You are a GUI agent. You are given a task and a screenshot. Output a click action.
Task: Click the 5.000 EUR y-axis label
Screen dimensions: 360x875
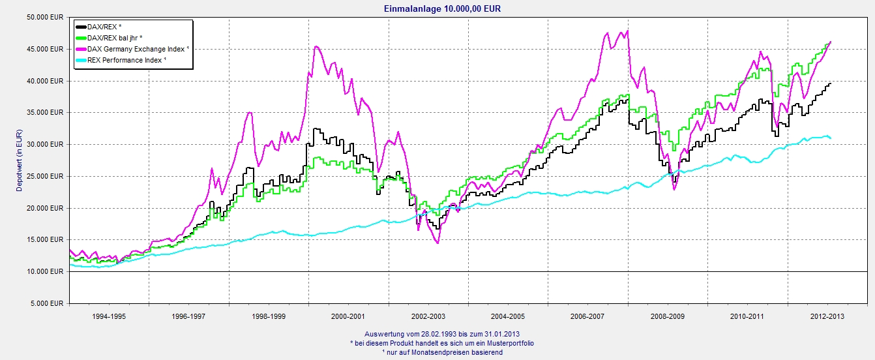[x=48, y=304]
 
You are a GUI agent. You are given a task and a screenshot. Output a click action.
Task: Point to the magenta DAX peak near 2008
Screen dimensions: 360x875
[x=627, y=31]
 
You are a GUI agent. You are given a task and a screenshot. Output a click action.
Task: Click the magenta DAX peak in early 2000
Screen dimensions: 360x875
[x=316, y=46]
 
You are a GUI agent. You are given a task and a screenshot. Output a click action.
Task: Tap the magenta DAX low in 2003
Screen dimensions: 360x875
[x=437, y=243]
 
